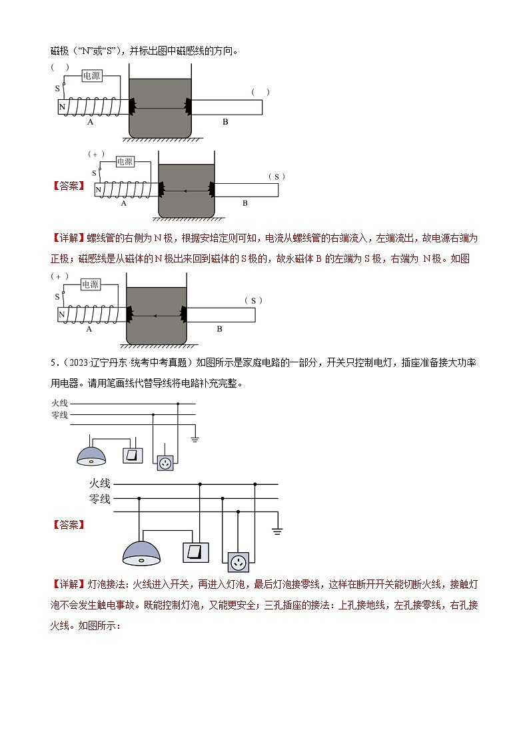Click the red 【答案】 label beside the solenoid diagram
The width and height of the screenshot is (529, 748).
69,186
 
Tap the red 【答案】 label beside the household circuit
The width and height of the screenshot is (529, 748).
69,526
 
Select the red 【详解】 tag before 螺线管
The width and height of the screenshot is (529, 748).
69,238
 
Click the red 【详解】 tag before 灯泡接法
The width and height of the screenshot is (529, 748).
69,584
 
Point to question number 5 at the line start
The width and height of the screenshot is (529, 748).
53,363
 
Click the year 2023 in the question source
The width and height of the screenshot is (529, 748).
78,363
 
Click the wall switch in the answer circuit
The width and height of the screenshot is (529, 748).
196,552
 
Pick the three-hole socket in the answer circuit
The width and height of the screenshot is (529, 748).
238,562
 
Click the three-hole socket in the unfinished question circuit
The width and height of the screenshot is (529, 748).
165,462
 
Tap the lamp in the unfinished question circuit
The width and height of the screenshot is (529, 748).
91,456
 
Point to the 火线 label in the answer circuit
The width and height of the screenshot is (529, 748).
100,484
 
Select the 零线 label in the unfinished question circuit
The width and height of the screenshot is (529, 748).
59,415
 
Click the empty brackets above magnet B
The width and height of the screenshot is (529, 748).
261,92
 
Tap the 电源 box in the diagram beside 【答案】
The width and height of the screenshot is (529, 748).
125,162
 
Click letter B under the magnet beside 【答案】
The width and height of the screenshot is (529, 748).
245,203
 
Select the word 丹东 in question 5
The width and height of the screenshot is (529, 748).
119,363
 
